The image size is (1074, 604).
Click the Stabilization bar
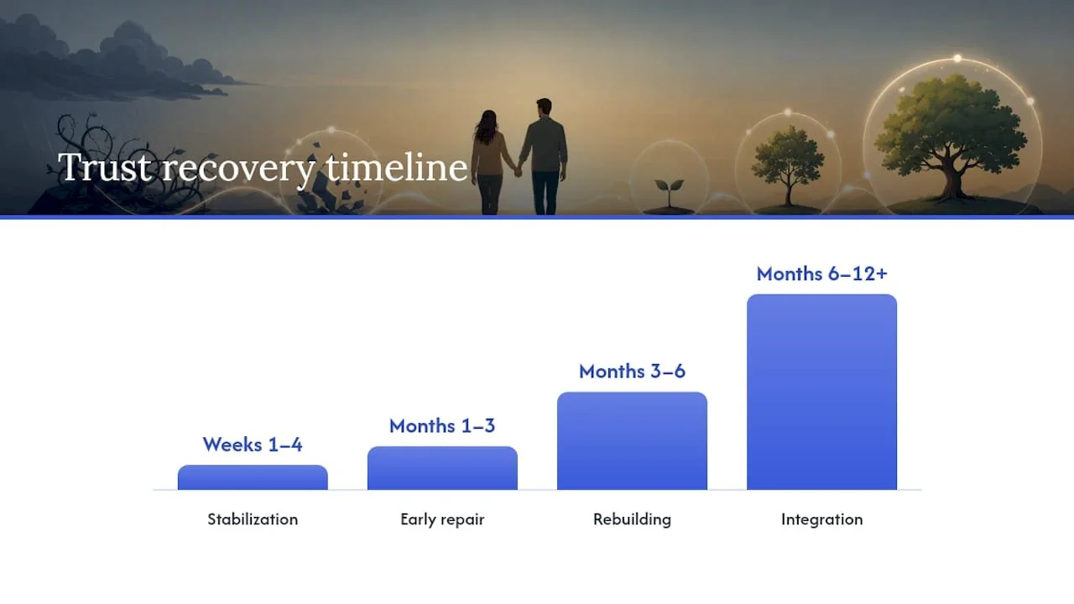click(253, 477)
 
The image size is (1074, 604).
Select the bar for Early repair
click(442, 468)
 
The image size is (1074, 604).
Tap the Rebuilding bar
click(632, 441)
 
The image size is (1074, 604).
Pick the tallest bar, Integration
click(821, 392)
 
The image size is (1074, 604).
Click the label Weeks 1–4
click(253, 445)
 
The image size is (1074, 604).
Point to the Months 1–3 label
click(442, 425)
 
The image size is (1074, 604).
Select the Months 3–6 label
click(632, 371)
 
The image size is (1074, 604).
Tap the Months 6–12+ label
click(821, 273)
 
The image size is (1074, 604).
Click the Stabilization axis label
click(253, 519)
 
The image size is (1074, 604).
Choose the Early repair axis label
click(442, 519)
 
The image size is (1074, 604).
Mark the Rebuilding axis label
click(632, 519)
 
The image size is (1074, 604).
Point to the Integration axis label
click(821, 519)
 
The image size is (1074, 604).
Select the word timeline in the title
click(397, 167)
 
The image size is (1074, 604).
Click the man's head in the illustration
click(544, 108)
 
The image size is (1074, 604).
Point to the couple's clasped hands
click(518, 170)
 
